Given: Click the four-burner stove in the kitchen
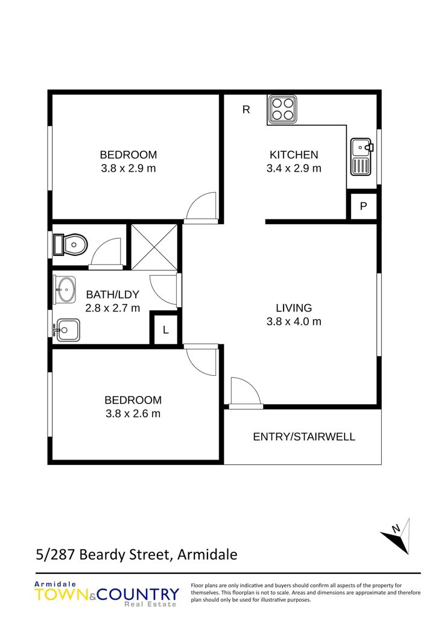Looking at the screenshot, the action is tap(283, 109).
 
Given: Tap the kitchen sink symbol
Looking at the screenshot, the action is tap(361, 157).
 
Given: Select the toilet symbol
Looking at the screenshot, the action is tap(71, 245).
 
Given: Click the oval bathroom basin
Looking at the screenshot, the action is tap(65, 289).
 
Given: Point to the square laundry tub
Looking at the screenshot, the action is tap(66, 330).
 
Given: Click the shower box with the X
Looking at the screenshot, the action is tap(154, 247).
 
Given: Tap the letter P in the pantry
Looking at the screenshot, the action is tap(364, 207).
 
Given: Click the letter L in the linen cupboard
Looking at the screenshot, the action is tap(166, 330).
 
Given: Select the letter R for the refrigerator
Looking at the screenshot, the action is tap(246, 110).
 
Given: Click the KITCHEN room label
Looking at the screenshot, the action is tap(294, 155).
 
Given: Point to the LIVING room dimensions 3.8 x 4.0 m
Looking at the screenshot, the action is tap(294, 322).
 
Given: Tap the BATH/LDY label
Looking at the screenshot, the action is tap(112, 295).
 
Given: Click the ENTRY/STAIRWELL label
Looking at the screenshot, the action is tap(304, 437).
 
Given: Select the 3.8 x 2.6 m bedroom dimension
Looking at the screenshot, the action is tap(133, 413).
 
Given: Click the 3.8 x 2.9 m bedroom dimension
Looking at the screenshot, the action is tap(128, 169).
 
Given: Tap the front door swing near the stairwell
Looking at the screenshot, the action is tap(246, 391).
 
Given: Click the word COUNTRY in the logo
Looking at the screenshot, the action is tap(138, 594).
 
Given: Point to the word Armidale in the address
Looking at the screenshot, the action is tap(208, 555).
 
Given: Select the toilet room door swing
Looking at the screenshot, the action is tap(106, 252).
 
